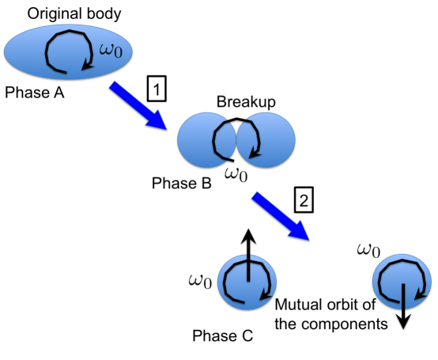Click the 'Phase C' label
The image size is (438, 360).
223,336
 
